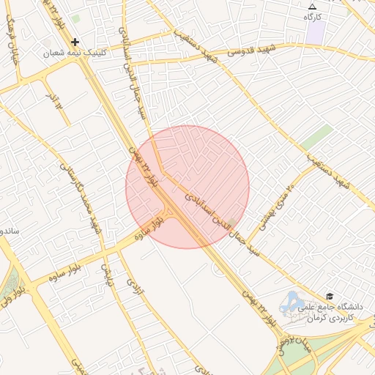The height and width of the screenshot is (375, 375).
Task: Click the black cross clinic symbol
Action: pos(75,42)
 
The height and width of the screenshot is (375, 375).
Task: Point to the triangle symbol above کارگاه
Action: pos(313,6)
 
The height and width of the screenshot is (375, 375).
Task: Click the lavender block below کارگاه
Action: pos(316,32)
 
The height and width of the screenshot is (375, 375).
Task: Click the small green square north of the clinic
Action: pos(76,18)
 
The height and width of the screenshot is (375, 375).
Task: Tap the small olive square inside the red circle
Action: pos(231,222)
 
